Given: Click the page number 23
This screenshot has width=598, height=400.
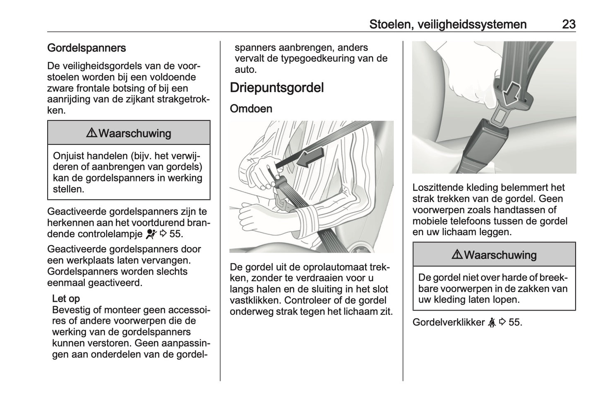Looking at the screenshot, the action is click(x=569, y=24).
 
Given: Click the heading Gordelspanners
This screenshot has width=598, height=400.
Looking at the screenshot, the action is click(x=86, y=48).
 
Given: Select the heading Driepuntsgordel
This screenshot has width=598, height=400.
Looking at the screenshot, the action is click(x=277, y=88).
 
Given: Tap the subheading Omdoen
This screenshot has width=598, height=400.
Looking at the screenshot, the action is click(x=251, y=109).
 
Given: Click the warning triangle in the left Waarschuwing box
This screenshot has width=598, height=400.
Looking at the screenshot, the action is click(x=91, y=133).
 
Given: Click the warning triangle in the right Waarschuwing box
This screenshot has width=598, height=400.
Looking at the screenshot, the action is click(x=457, y=254).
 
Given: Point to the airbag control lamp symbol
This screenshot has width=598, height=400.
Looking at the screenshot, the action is click(x=151, y=234).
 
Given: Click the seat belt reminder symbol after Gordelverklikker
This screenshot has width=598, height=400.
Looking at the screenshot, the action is click(x=492, y=322).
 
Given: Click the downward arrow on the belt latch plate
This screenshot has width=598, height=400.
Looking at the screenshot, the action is click(x=511, y=95).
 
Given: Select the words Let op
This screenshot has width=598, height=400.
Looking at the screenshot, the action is click(x=66, y=299).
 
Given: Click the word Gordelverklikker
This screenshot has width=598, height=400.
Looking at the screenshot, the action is click(x=449, y=322).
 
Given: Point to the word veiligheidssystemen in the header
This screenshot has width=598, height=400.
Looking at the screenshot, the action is click(x=472, y=25).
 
